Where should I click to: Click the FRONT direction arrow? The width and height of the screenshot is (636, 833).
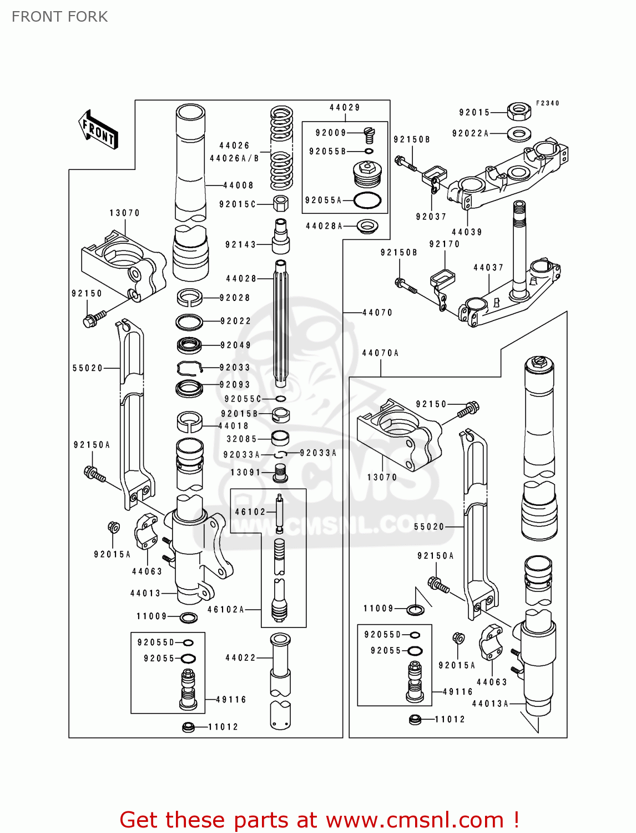point(99,130)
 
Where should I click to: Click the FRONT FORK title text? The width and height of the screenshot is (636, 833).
point(59,17)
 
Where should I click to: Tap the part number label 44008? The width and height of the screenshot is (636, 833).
point(239,185)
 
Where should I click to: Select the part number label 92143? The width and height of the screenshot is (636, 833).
point(240,244)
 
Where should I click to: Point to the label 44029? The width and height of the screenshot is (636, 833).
point(345,108)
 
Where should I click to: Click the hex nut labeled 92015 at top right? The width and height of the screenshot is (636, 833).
point(519,111)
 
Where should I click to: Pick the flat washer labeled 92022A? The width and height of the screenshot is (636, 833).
point(519,133)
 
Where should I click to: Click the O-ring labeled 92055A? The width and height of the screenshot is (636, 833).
point(367,200)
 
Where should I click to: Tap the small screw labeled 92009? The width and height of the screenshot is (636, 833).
point(369,134)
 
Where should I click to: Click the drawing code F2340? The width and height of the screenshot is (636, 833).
point(547,103)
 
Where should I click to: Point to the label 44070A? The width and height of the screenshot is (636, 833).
point(380,353)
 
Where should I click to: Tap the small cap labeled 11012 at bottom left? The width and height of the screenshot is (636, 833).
point(188,726)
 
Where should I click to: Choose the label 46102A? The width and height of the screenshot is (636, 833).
point(226,609)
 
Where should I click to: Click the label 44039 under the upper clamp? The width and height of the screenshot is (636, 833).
point(467,232)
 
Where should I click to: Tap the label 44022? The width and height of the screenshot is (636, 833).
point(240,658)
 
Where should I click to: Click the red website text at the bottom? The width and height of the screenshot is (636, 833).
point(319,820)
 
